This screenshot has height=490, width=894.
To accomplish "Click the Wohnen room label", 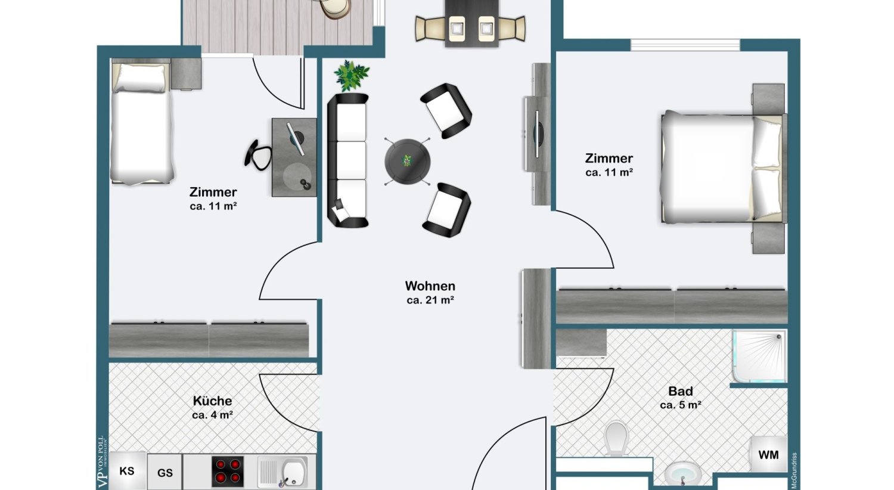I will [x=430, y=286].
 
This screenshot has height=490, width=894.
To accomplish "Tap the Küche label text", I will [x=212, y=401].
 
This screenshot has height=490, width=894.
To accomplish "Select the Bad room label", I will [x=680, y=392].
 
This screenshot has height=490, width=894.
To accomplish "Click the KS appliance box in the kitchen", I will [x=127, y=471].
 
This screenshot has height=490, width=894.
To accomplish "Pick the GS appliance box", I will [x=165, y=473].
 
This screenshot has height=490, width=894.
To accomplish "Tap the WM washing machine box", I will [x=768, y=455].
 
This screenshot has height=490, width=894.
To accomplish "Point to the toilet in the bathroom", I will [x=616, y=439].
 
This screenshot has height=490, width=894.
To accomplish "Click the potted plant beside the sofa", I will [x=351, y=75].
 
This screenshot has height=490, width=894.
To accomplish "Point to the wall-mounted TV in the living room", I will [x=537, y=134].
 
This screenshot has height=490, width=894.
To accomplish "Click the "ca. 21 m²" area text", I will [x=430, y=300].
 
